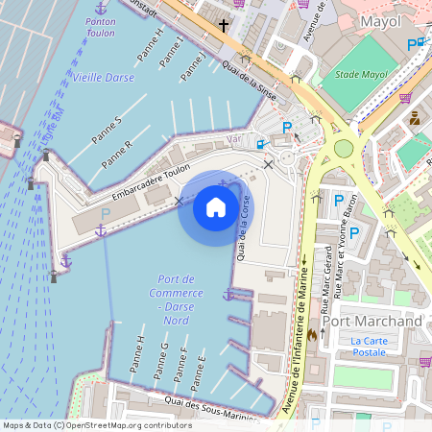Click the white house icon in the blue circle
click(216, 206)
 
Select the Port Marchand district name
click(372, 321)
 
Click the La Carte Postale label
click(369, 347)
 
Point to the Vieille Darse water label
click(104, 76)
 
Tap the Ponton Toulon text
click(99, 26)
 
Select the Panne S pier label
click(106, 131)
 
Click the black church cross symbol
click(224, 25)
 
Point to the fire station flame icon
click(311, 335)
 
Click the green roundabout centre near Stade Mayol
click(343, 149)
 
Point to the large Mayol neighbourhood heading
click(378, 20)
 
